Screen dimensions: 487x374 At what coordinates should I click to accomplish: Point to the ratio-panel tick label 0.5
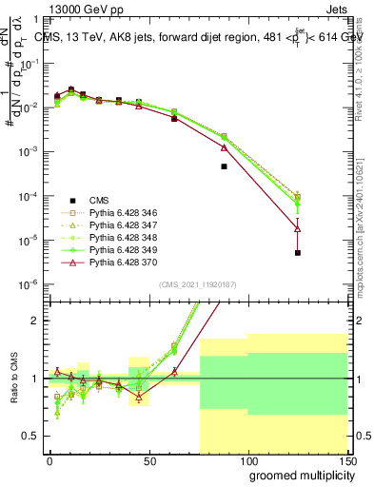(x=31, y=437)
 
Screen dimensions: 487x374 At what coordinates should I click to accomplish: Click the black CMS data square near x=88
(x=224, y=166)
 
